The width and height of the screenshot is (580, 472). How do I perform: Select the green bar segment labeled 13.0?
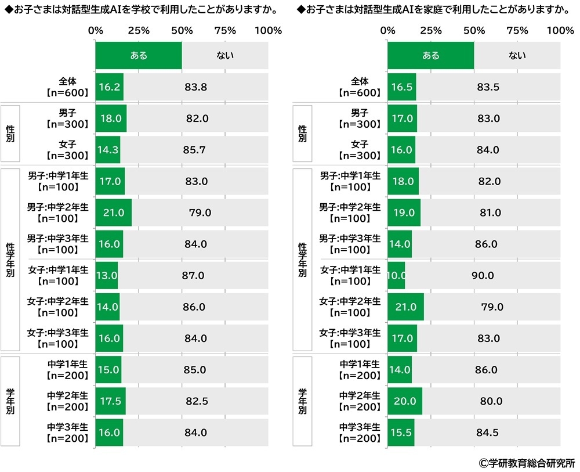click(x=107, y=275)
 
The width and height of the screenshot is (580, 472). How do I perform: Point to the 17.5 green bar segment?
click(x=110, y=401)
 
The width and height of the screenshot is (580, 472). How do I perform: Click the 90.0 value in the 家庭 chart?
click(x=483, y=275)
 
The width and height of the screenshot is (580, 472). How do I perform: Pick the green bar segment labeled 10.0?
click(x=396, y=275)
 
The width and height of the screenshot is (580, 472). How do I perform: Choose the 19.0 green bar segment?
click(x=404, y=212)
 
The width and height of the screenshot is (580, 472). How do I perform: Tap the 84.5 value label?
click(x=487, y=432)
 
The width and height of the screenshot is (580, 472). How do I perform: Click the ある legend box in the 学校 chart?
click(x=139, y=56)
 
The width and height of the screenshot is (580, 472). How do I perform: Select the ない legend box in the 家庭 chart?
click(x=517, y=56)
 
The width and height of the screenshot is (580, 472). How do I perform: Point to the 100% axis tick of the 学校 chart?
click(x=268, y=30)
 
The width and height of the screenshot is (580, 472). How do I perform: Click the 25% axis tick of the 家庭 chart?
click(x=430, y=30)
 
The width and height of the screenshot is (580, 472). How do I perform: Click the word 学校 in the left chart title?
click(x=177, y=10)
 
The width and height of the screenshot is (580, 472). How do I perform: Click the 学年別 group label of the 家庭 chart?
click(x=302, y=401)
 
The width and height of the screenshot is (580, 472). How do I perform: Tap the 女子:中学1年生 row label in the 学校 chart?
click(x=58, y=275)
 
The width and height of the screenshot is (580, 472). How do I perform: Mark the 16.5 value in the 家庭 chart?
click(x=401, y=87)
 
